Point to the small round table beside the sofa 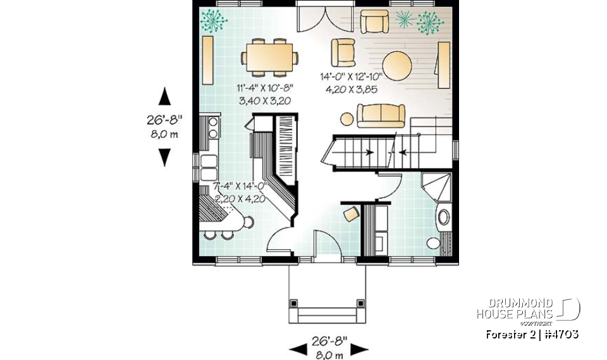pos(346,118)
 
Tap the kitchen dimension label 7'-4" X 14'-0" pos(241,186)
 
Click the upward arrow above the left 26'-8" pos(164,96)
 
